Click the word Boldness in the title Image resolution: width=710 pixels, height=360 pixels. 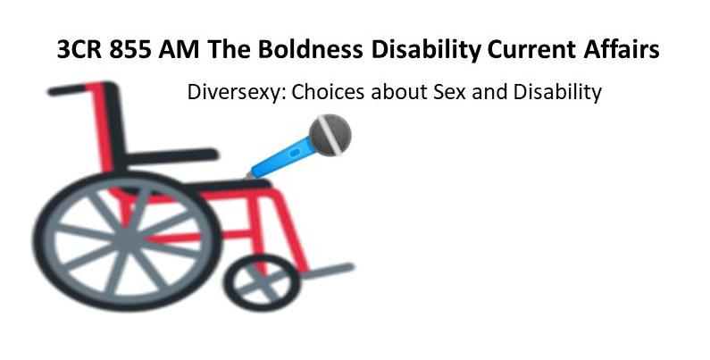click(x=288, y=50)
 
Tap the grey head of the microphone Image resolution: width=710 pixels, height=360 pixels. click(x=328, y=135)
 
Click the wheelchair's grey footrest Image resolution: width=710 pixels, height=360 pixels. click(x=331, y=267)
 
